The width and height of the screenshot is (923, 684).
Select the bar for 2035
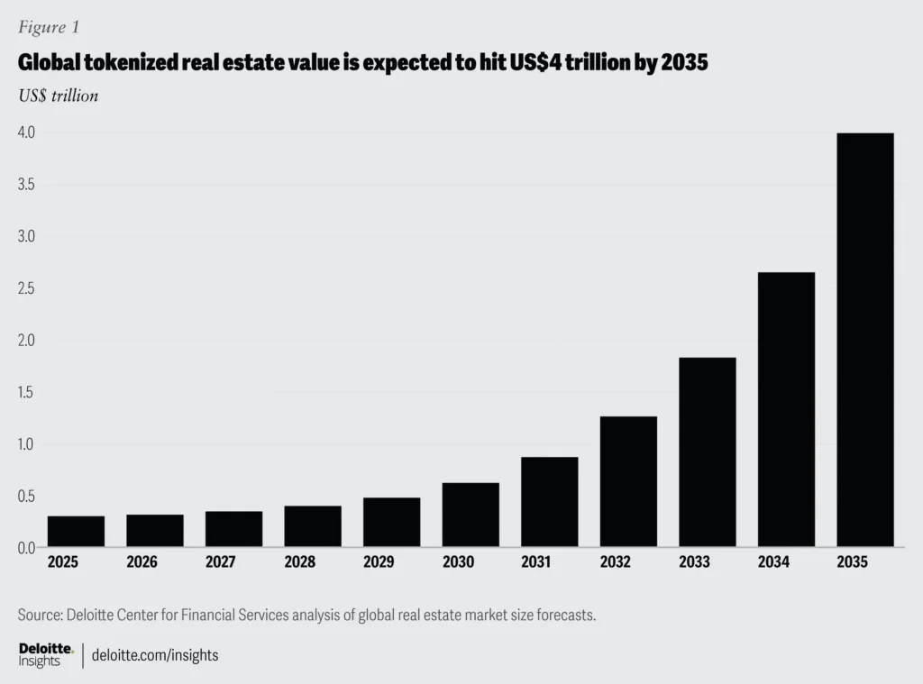click(864, 340)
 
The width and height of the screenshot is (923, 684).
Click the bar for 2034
click(786, 409)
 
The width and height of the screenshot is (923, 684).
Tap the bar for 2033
click(707, 451)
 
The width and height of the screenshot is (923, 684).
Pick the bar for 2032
click(628, 481)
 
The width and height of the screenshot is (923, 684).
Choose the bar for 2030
click(471, 515)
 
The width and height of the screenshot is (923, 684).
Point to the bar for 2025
click(76, 531)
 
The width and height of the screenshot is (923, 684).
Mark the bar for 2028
click(313, 526)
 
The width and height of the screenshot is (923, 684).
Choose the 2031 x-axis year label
click(537, 562)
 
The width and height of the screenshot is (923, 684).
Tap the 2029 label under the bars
click(379, 562)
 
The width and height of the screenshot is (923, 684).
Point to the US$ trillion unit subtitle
click(58, 96)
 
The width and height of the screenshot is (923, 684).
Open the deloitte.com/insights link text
click(156, 655)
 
